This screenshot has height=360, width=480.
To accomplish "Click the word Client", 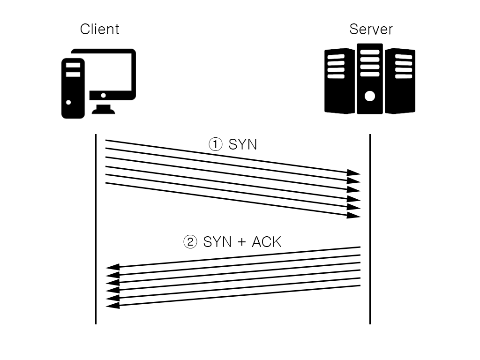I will (x=99, y=29).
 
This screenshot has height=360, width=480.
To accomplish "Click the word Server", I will (x=371, y=29).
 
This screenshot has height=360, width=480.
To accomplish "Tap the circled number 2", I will (x=190, y=242).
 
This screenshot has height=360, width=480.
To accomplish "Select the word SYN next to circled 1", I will (x=243, y=144).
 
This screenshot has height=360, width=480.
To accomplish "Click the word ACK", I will (x=266, y=242).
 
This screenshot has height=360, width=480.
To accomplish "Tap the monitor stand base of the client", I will (x=103, y=110).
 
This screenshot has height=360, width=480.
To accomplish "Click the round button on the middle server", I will (x=370, y=96).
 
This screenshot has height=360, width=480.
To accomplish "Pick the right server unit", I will (x=400, y=81).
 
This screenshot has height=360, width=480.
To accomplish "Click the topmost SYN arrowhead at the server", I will (x=354, y=173).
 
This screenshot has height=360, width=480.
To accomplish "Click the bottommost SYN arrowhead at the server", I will (x=354, y=215).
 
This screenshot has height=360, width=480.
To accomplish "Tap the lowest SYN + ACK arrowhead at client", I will (x=113, y=305).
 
